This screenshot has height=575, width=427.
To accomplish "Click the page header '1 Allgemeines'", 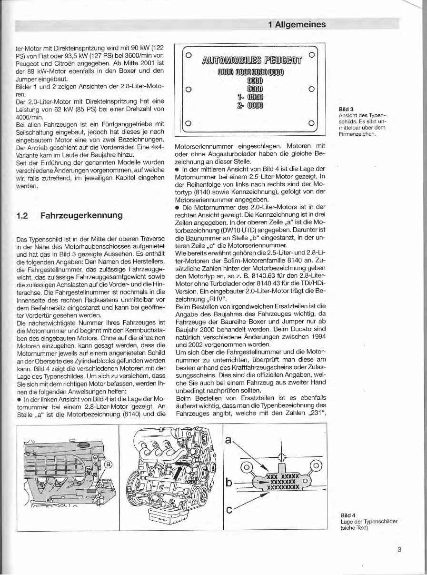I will pos(297,24).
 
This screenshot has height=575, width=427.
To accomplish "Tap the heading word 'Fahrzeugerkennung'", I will pos(82,215).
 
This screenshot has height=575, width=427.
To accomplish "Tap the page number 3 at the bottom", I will pos(399,549).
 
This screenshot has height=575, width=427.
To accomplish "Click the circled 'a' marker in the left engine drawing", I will pos(109,463).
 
